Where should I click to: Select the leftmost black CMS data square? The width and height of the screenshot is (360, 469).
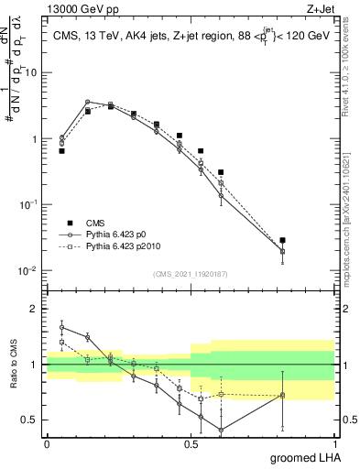61,150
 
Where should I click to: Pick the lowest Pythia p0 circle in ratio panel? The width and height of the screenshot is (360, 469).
221,430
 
